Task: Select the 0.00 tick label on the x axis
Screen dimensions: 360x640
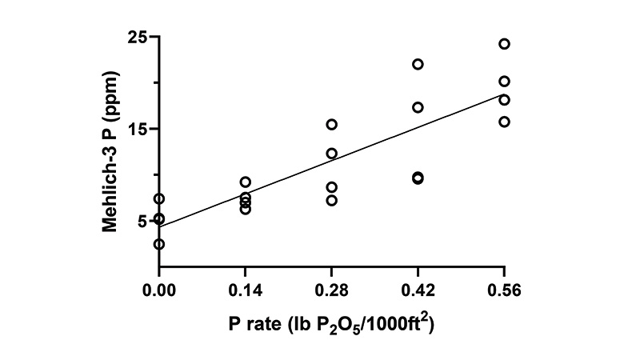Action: [159, 289]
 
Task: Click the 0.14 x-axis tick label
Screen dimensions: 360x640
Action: [246, 289]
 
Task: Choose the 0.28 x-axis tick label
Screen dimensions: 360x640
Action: [332, 289]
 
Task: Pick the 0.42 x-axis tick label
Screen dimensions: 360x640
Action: [418, 289]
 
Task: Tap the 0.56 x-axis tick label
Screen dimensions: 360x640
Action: [505, 289]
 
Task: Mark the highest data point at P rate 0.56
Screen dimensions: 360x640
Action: [504, 44]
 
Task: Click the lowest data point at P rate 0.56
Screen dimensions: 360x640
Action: [504, 122]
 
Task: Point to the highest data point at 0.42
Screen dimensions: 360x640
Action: [418, 64]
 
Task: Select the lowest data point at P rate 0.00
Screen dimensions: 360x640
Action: [159, 244]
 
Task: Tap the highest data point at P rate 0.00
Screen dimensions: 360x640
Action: [159, 198]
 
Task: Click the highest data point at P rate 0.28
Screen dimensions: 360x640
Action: [331, 124]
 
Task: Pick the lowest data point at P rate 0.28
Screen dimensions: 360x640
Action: [331, 200]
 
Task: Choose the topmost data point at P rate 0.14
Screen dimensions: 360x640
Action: [246, 182]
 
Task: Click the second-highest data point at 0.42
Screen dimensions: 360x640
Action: [418, 107]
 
